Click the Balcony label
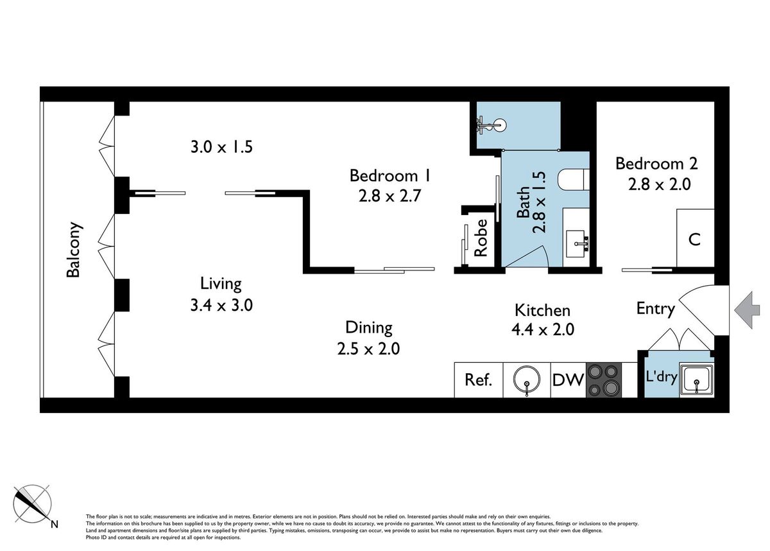click(74, 250)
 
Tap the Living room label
click(221, 284)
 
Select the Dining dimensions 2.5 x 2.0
click(368, 349)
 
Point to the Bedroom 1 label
click(390, 175)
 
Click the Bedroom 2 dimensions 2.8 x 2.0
click(660, 184)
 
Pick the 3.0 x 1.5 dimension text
click(221, 147)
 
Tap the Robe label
click(481, 238)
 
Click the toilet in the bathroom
click(574, 179)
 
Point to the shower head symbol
click(492, 125)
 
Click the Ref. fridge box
click(479, 380)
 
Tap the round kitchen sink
click(527, 380)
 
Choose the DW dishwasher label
click(568, 380)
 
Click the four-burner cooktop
click(604, 380)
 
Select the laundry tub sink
click(696, 380)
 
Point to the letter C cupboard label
click(694, 240)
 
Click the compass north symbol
click(33, 505)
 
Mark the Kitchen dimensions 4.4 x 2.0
click(543, 329)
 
